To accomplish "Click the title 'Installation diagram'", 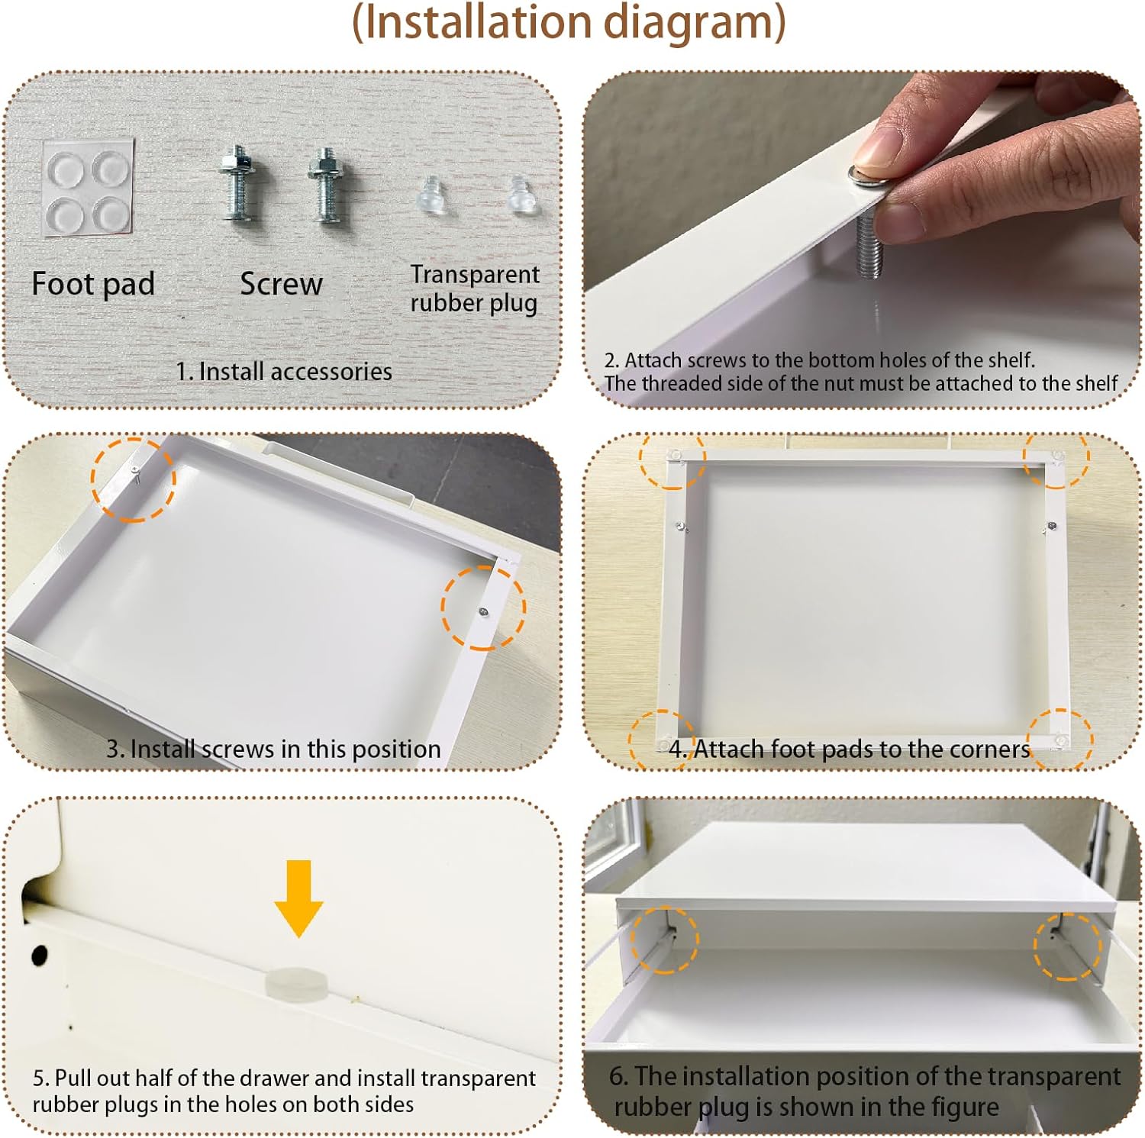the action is [x=569, y=23].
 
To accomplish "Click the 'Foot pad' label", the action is [x=93, y=284].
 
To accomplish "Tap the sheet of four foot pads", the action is [x=88, y=187].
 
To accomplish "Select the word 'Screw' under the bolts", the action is [x=281, y=284].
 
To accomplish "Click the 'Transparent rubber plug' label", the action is [x=474, y=289].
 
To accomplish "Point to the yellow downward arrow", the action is [x=299, y=898].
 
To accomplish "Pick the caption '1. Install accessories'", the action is [x=284, y=372].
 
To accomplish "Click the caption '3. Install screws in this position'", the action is [x=273, y=749].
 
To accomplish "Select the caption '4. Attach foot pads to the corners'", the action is [x=850, y=749].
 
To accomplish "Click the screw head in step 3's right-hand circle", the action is [x=484, y=611].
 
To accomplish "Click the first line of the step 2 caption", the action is [x=819, y=360].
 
